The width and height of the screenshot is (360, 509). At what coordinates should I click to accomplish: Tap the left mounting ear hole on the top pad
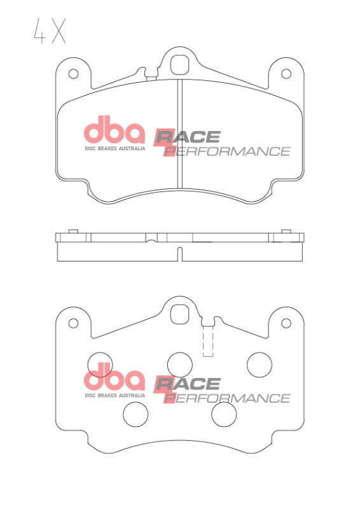[x=73, y=74]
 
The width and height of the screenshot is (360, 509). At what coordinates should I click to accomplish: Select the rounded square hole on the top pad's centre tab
[x=180, y=64]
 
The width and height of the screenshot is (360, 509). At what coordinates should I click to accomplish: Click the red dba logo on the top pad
[x=114, y=132]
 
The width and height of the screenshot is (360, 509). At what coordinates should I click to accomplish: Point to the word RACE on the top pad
[x=188, y=136]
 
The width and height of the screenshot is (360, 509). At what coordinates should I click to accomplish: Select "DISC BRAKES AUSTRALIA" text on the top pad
[x=114, y=148]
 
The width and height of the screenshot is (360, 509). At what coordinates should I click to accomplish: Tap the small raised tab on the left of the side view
[x=72, y=231]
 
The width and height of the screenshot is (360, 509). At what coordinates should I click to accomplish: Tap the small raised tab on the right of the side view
[x=286, y=231]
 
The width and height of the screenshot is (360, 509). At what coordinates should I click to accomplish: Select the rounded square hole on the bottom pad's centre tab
[x=180, y=314]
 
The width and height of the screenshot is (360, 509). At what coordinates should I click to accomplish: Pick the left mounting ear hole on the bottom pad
[x=73, y=323]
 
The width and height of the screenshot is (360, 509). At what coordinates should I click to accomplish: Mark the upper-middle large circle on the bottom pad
[x=180, y=364]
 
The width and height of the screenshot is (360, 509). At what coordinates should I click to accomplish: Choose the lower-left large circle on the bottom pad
[x=135, y=415]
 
